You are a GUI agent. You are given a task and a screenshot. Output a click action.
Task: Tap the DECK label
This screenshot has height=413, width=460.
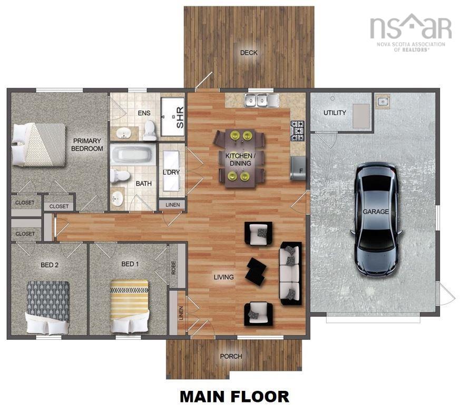[249, 53]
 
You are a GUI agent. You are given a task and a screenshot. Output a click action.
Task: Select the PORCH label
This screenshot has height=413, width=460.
[231, 357]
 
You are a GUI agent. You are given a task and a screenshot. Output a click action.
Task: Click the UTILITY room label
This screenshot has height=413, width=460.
[335, 113]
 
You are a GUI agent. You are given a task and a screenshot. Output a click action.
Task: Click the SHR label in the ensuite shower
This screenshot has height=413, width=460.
[179, 121]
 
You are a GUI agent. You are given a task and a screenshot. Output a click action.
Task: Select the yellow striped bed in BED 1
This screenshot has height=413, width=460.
[129, 307]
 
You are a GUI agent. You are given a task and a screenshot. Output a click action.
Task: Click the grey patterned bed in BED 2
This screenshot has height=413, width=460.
[48, 308]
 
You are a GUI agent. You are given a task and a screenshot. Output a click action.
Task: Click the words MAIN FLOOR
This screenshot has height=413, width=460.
[234, 396]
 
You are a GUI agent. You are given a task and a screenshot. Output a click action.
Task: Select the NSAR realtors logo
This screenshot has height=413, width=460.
[410, 32]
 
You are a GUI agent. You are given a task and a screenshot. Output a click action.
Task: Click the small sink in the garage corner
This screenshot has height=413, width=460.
[383, 101]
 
